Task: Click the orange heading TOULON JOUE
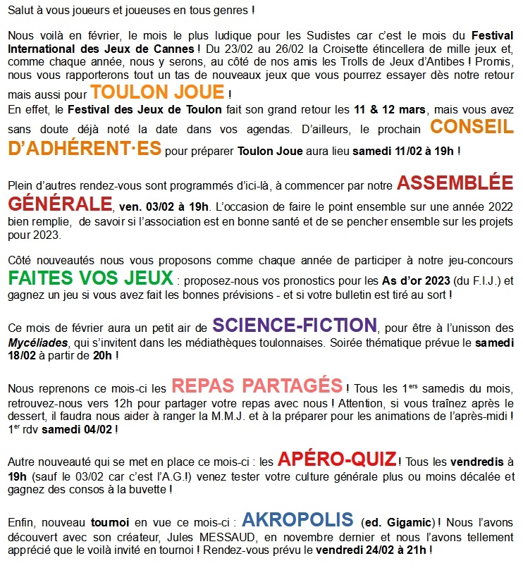coord(157,92)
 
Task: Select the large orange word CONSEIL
coord(472,127)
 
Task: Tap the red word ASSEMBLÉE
coord(455,183)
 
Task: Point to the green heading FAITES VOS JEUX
coord(91,276)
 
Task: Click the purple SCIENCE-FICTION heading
coord(295,326)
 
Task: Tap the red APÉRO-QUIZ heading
coord(337,459)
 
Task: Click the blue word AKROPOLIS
coord(297,520)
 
